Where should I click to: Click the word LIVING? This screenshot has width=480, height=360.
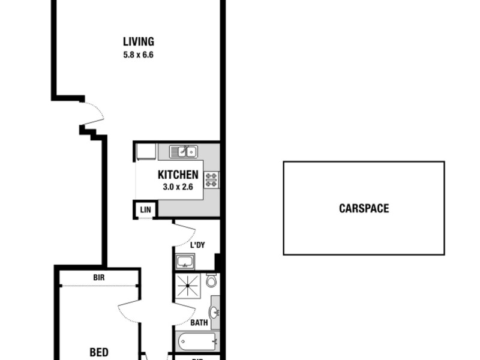pos(139,42)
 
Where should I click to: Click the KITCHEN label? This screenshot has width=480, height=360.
pos(178,175)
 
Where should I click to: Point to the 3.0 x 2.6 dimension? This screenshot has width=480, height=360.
pos(178,187)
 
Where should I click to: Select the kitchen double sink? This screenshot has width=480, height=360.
pos(183,152)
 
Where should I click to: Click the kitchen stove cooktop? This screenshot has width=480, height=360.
pos(211,179)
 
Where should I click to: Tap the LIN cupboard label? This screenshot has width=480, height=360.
pos(145,209)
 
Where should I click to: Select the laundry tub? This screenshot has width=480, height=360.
pos(185,261)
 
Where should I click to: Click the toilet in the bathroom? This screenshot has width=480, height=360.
pos(211,281)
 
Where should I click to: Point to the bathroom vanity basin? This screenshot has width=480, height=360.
pos(214,313)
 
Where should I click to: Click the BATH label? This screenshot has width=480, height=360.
pos(199,323)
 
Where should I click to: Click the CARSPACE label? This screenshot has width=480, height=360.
pos(364,209)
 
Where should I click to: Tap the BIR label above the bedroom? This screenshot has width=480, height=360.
pos(100,278)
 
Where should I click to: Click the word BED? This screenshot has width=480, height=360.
pos(99,353)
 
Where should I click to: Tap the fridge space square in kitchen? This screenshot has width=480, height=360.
pos(146,151)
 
